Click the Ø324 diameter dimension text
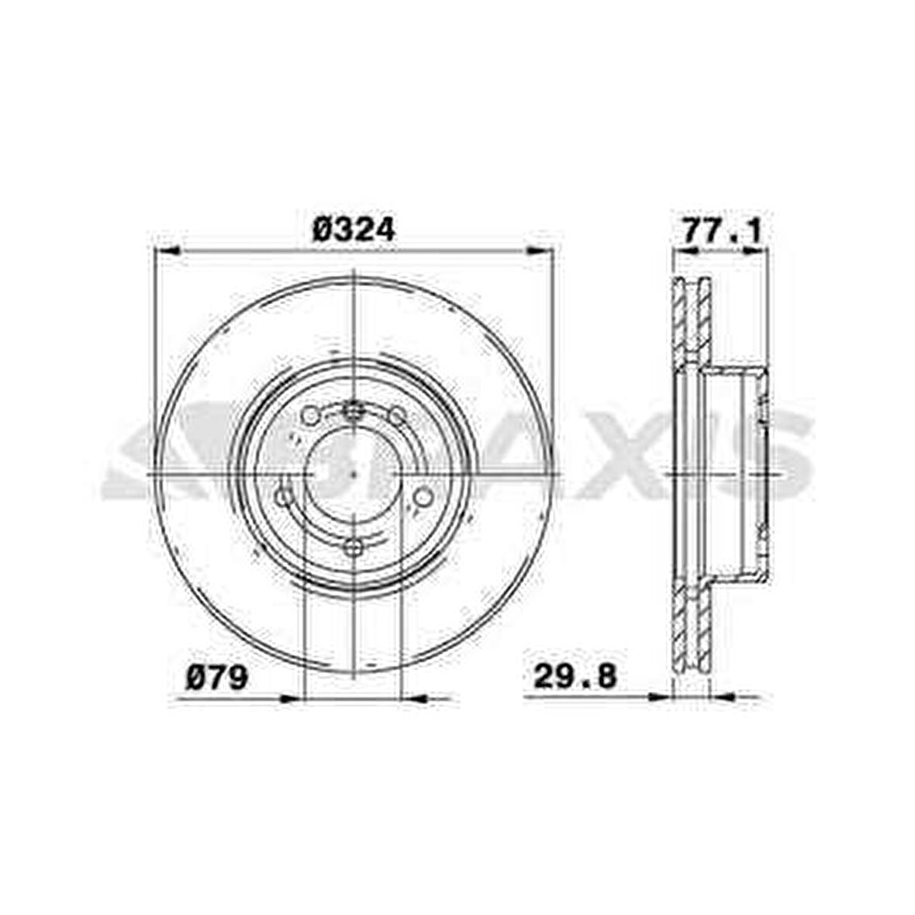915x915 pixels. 354,230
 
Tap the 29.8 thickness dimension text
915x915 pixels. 575,677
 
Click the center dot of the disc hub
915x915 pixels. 354,472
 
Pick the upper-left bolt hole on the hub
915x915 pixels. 310,416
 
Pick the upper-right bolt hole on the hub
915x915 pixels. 397,416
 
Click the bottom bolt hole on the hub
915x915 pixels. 354,548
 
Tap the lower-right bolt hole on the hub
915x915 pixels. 423,496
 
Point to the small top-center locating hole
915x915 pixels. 354,409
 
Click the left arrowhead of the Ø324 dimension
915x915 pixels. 167,250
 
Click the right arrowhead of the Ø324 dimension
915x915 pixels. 540,250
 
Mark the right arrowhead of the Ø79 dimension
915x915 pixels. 415,698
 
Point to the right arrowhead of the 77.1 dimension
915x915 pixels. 754,250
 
